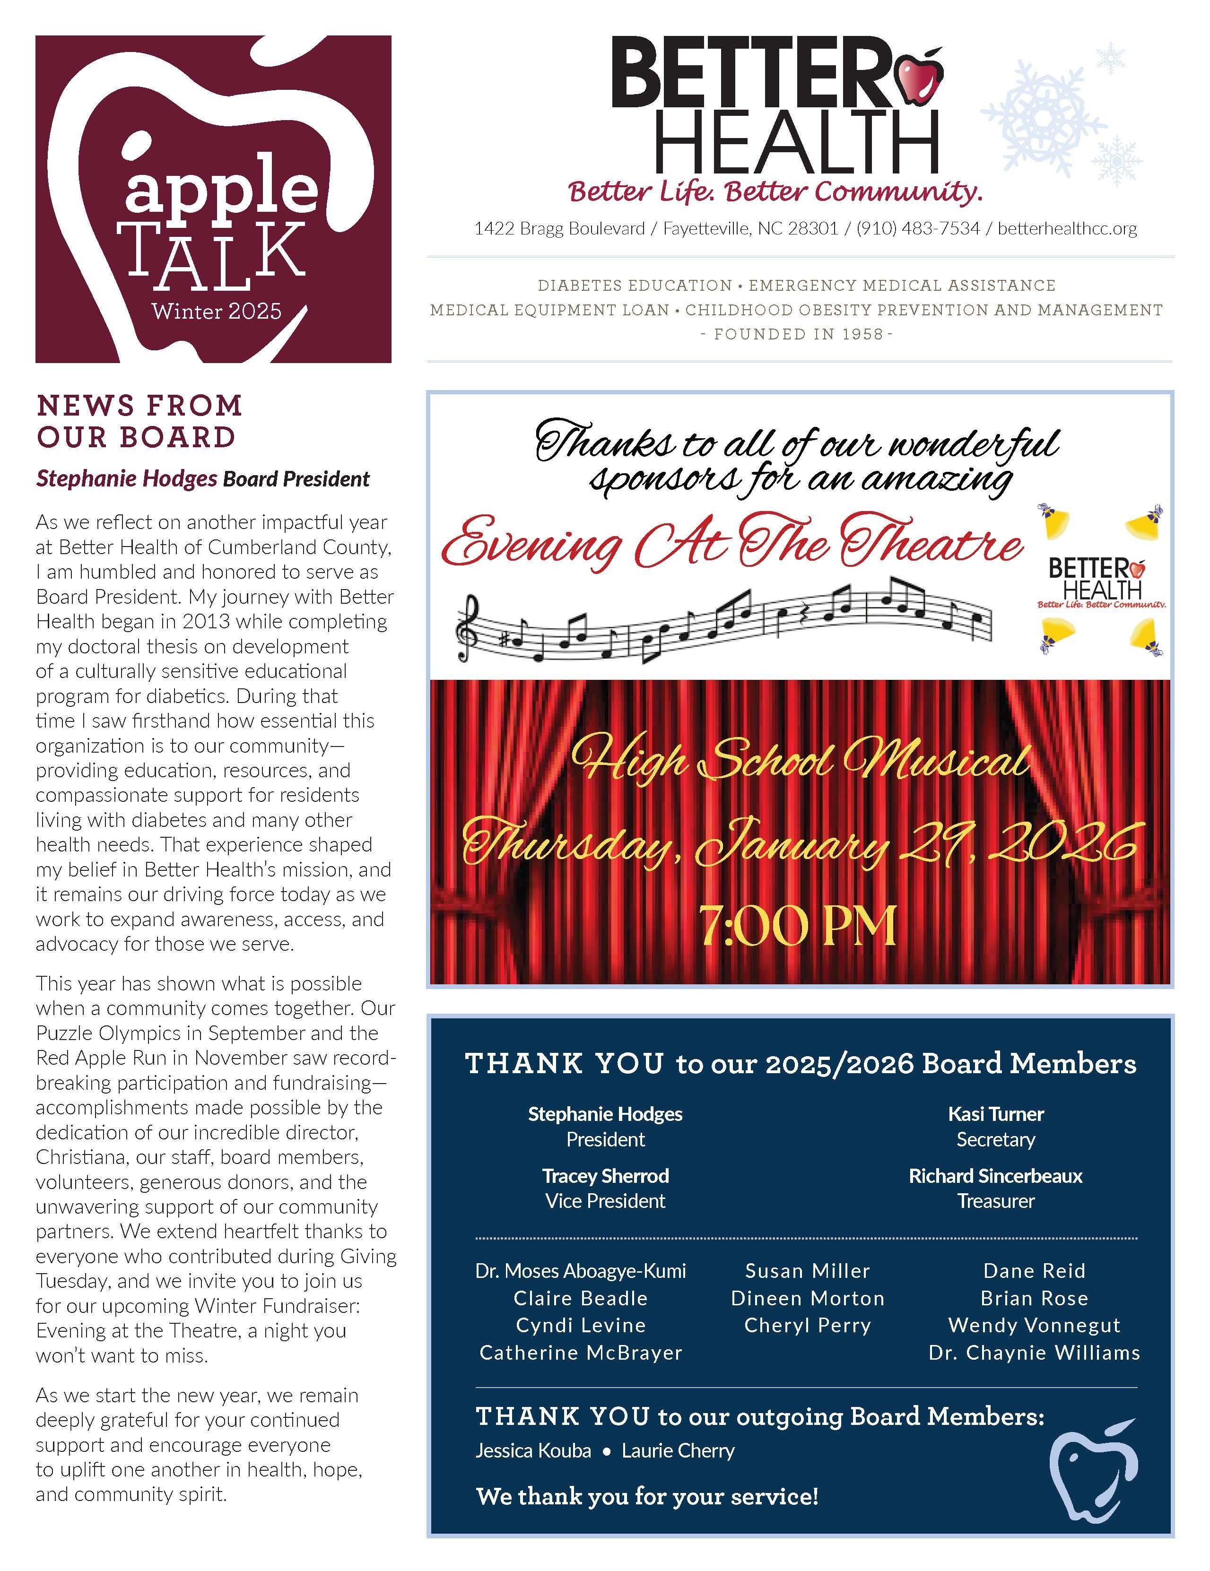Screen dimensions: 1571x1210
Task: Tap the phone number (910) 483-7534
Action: pos(918,229)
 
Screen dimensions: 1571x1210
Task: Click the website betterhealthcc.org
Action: pos(1067,229)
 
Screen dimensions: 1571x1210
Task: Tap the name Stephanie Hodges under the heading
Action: pos(127,478)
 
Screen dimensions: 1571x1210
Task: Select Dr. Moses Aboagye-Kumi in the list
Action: pos(581,1271)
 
